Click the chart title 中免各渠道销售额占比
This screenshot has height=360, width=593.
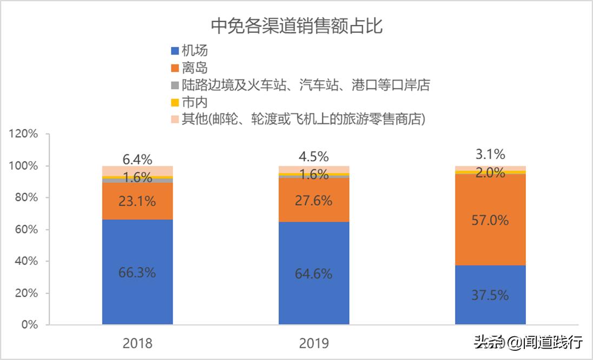296,25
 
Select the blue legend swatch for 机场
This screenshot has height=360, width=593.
175,51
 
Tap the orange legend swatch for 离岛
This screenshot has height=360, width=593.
175,68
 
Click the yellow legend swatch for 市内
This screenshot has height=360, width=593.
175,102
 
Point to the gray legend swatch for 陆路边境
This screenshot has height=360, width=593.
175,86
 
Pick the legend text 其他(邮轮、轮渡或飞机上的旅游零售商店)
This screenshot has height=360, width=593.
304,119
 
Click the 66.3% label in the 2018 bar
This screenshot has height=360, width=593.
137,272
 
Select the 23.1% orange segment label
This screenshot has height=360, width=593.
137,201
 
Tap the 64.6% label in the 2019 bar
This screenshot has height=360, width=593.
313,274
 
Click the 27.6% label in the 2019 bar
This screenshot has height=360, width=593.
313,200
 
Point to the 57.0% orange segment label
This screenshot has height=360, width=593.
490,220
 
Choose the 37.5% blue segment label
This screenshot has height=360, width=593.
490,295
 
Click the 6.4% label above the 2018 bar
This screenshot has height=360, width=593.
137,159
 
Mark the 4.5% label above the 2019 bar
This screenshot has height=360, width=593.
313,157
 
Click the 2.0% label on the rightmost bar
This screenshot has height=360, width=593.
490,173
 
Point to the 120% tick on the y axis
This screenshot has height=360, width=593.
23,134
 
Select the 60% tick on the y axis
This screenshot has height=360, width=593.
26,230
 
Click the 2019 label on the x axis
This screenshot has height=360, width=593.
313,343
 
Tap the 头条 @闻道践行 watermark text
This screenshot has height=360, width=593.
528,342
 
